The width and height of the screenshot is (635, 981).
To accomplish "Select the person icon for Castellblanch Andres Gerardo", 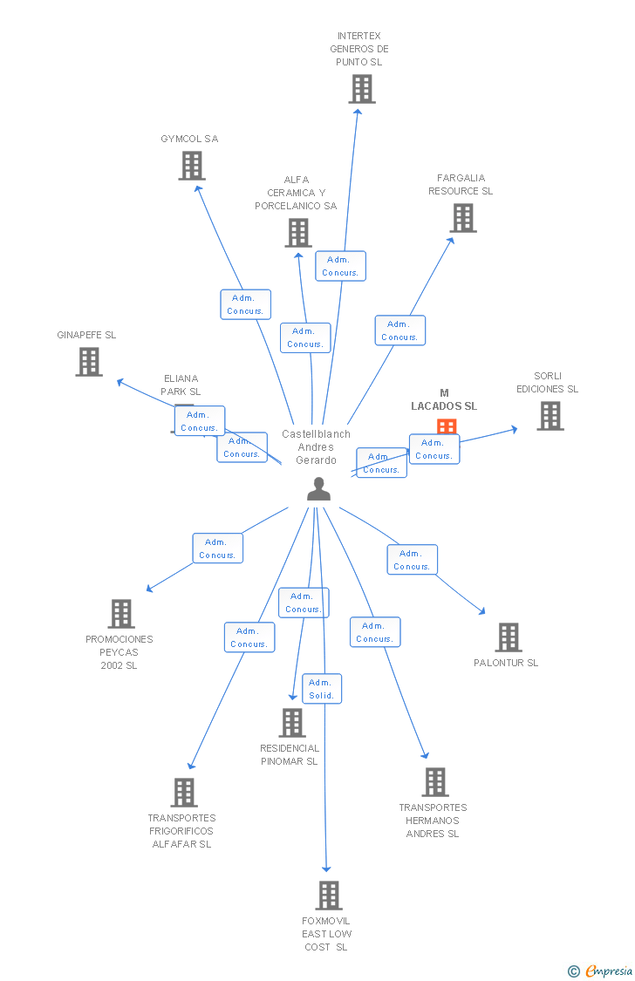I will tap(319, 489).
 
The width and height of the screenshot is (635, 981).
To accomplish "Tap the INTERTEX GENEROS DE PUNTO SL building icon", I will tap(362, 89).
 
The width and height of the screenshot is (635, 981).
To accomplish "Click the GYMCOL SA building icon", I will tap(192, 165).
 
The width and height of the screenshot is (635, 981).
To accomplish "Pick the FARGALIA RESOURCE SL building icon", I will tap(463, 218).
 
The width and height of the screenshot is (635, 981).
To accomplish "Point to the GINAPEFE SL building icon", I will tap(89, 361).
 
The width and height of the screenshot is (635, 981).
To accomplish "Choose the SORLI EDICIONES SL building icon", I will tap(550, 416).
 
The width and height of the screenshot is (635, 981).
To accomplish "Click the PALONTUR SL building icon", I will tap(509, 637).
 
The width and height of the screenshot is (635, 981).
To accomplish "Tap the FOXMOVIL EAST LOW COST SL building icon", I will tap(328, 895).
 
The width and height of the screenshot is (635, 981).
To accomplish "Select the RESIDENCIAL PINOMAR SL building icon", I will tap(292, 722).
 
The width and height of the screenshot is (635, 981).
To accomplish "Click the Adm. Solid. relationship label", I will tap(322, 689).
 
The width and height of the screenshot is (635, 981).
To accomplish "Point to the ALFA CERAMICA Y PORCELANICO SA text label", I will tap(296, 193).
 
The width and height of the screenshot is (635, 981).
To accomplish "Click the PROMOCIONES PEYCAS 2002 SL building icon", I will tap(121, 613).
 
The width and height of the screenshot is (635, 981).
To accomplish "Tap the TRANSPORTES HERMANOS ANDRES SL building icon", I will tap(435, 782).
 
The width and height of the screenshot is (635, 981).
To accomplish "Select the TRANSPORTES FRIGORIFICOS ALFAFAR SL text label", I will tap(182, 831).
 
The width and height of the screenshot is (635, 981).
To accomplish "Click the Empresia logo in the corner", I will tap(602, 971).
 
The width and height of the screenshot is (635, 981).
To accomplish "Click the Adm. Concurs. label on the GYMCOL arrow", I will tap(245, 304).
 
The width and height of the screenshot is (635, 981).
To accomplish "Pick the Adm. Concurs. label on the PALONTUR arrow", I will tap(412, 560).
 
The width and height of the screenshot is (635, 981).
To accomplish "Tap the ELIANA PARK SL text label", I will tap(181, 385).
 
